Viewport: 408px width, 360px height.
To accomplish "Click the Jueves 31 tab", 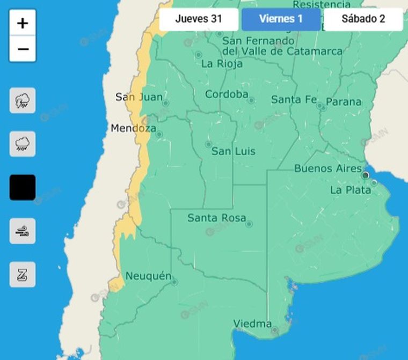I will click(199, 19).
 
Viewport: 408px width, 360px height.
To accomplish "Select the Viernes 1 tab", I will click(281, 19).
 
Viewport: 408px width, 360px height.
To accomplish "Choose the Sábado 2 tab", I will click(363, 19).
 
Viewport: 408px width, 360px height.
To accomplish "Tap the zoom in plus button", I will click(23, 23).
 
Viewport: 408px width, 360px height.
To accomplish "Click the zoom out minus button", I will click(23, 49).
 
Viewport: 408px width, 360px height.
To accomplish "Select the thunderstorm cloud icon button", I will click(23, 100).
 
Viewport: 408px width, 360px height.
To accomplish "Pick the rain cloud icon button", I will click(23, 144).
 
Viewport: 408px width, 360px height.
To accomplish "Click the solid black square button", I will click(23, 187).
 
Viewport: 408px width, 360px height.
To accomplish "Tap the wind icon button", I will click(23, 231).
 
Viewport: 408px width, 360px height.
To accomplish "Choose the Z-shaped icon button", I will click(23, 275).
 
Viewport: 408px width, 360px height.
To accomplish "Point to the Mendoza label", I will click(133, 129).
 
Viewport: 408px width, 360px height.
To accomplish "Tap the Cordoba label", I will click(227, 94).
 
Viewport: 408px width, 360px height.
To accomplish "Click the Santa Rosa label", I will click(216, 218).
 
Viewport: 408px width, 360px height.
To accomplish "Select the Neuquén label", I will click(148, 276).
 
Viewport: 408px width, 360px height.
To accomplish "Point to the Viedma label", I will click(252, 324).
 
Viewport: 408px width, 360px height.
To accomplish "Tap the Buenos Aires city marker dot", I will click(366, 175).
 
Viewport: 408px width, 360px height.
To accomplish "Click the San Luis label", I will click(233, 151).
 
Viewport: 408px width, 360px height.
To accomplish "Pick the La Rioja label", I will click(222, 64).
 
